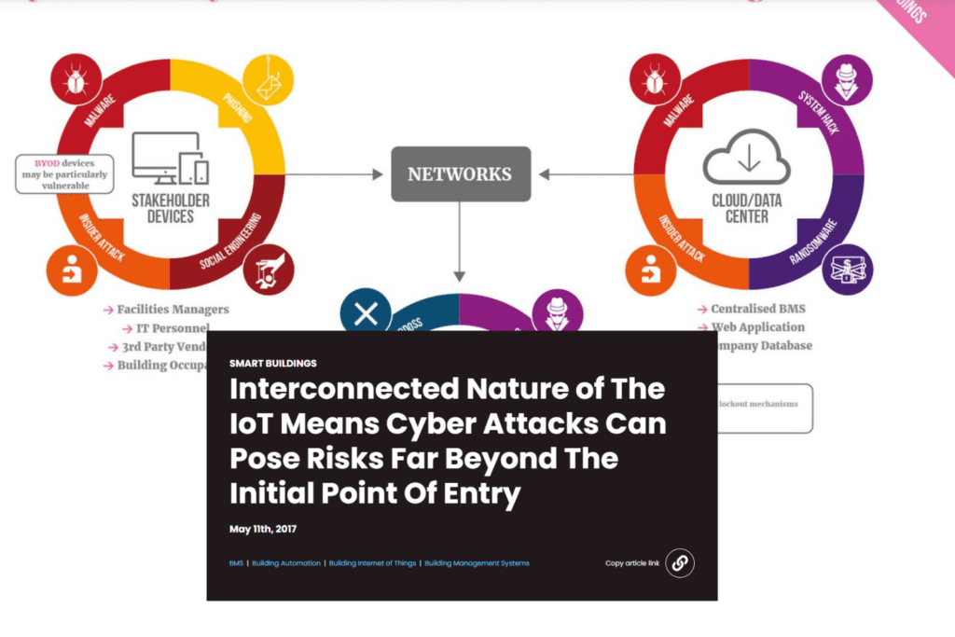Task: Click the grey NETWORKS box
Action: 460,173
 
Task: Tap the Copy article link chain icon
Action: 680,562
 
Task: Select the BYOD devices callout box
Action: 64,174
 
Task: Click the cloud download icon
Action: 746,157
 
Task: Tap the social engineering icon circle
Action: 269,269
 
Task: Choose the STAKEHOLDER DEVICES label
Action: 171,208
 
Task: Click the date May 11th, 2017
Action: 263,529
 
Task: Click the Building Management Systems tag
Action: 477,563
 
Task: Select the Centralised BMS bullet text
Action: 758,309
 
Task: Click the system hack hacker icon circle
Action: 848,81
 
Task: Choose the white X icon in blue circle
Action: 367,313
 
